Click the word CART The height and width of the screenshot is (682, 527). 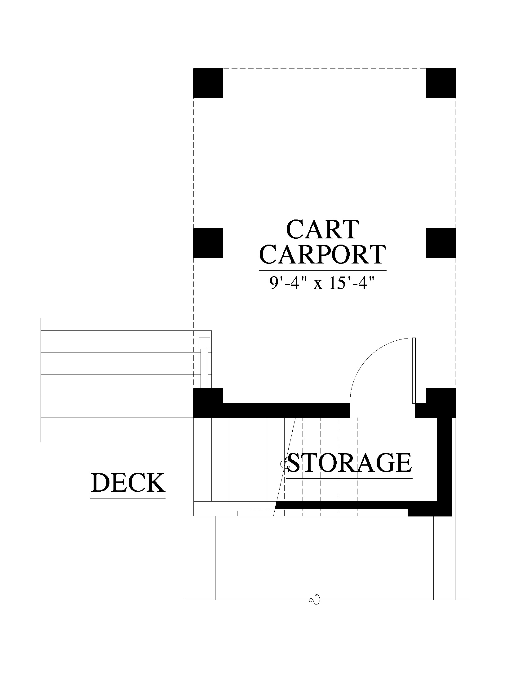(x=322, y=229)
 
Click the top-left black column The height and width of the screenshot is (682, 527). (x=208, y=83)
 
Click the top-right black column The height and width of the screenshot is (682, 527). (x=441, y=83)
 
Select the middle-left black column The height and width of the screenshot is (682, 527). (x=208, y=243)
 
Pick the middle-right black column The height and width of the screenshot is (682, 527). (x=441, y=243)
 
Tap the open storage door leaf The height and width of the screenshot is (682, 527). (x=414, y=370)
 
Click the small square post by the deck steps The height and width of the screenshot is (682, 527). (x=205, y=343)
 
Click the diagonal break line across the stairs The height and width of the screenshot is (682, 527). (x=285, y=467)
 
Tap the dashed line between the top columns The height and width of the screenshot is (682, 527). (x=324, y=69)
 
